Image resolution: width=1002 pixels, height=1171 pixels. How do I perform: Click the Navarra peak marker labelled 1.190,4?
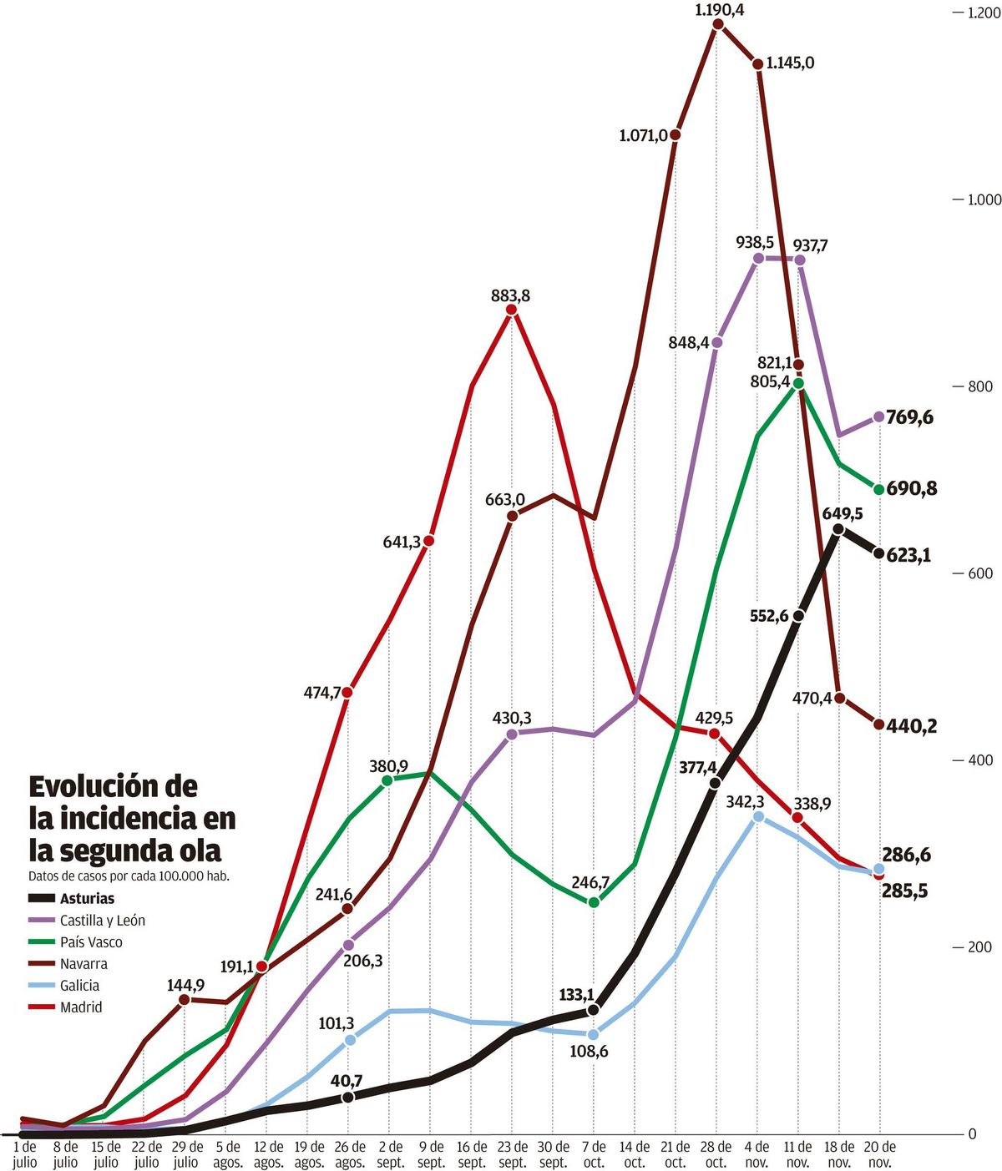718,24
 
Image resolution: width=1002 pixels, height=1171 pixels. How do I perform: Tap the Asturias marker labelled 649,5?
838,528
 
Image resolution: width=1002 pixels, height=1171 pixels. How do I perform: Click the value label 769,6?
910,417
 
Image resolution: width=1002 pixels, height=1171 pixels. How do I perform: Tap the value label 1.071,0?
643,135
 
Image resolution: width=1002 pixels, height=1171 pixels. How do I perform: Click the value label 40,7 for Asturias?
347,1081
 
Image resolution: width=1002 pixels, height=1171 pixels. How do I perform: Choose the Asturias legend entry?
87,899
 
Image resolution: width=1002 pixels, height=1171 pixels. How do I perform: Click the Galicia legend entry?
79,986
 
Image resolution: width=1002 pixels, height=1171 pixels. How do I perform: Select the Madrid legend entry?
81,1007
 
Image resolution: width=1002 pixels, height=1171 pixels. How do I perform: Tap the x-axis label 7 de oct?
594,1155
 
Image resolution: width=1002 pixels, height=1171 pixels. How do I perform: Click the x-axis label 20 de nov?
879,1155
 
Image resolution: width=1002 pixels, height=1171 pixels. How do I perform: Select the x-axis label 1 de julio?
25,1155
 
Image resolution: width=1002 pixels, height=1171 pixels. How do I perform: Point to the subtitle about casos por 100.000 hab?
129,876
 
